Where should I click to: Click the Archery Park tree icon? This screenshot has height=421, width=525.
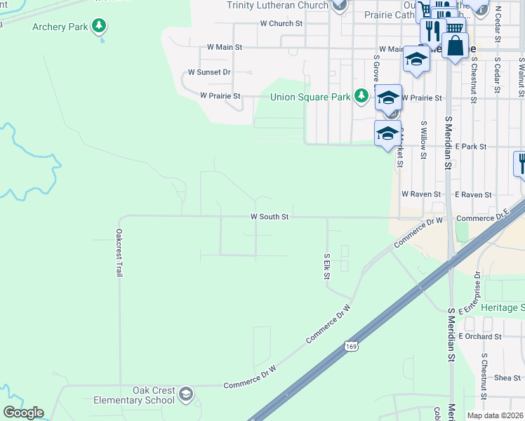pos(100,27)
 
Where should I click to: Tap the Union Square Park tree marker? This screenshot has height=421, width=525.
pos(361,96)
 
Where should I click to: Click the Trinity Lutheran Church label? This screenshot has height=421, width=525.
pos(277,6)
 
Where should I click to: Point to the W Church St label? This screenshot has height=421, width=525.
pos(281,23)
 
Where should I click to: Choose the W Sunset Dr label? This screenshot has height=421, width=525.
pos(209,72)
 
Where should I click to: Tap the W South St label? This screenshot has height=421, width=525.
pos(270,218)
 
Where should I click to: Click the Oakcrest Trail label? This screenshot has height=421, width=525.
pos(119,253)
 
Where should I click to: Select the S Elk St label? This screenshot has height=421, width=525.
pos(327,267)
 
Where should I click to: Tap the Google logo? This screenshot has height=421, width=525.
pos(23,413)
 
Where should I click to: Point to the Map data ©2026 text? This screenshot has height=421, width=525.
pos(495,415)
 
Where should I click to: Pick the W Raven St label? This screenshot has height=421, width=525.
pos(421,194)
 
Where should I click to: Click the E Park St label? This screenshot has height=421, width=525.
pos(470,147)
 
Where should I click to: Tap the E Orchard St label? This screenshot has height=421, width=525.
pos(480,337)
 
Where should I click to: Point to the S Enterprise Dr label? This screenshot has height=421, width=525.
pos(477,289)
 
